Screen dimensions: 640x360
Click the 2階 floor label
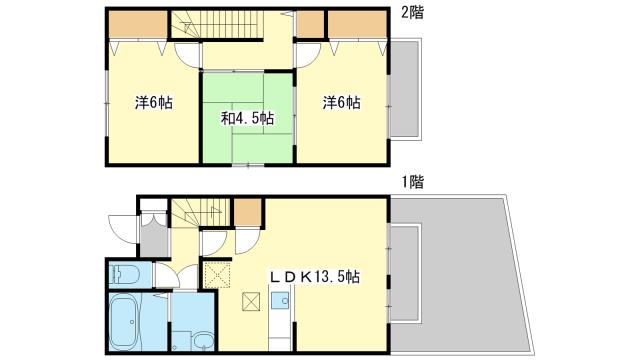pyautogui.click(x=412, y=13)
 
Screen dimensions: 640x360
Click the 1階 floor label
pyautogui.click(x=412, y=182)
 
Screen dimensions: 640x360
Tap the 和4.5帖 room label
pyautogui.click(x=247, y=118)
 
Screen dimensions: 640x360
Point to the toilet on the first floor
pyautogui.click(x=124, y=274)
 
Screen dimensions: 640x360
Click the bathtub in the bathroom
pyautogui.click(x=125, y=323)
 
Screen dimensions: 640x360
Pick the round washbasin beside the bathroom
pyautogui.click(x=203, y=341)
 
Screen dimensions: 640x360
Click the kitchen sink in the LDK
pyautogui.click(x=280, y=301)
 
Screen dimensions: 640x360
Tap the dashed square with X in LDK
pyautogui.click(x=217, y=275)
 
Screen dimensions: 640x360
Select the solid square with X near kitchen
pyautogui.click(x=250, y=301)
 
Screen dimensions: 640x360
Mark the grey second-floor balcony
pyautogui.click(x=404, y=89)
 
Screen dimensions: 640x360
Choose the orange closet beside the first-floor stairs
pyautogui.click(x=248, y=212)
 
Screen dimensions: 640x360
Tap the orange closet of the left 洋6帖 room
pyautogui.click(x=138, y=24)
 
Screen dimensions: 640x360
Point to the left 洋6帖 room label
pyautogui.click(x=153, y=102)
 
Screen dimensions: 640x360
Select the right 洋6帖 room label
pyautogui.click(x=341, y=102)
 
